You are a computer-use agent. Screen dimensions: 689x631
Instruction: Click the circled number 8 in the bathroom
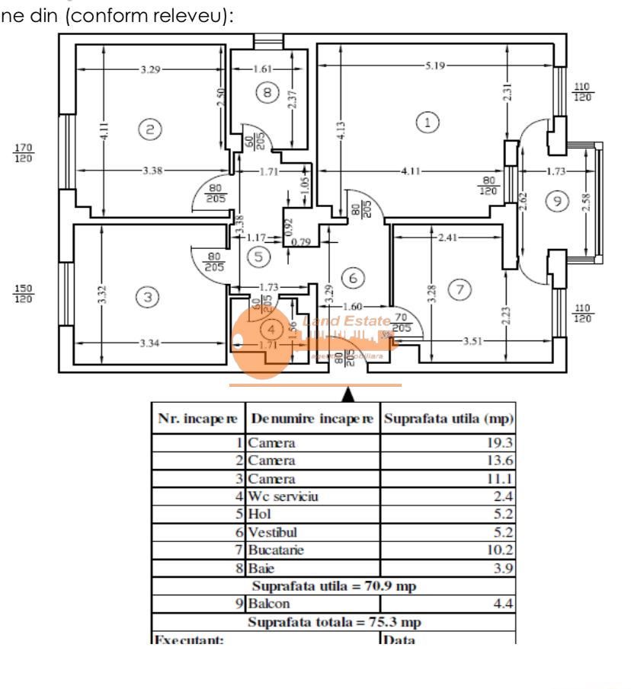[266, 93]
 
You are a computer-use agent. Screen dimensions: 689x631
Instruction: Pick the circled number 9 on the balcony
[559, 200]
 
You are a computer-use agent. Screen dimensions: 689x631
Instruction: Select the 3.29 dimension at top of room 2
[150, 70]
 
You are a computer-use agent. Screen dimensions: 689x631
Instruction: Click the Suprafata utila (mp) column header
[447, 418]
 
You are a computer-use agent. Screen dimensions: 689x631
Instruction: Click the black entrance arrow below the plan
[348, 394]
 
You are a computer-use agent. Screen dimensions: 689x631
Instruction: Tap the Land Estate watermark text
[348, 321]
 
